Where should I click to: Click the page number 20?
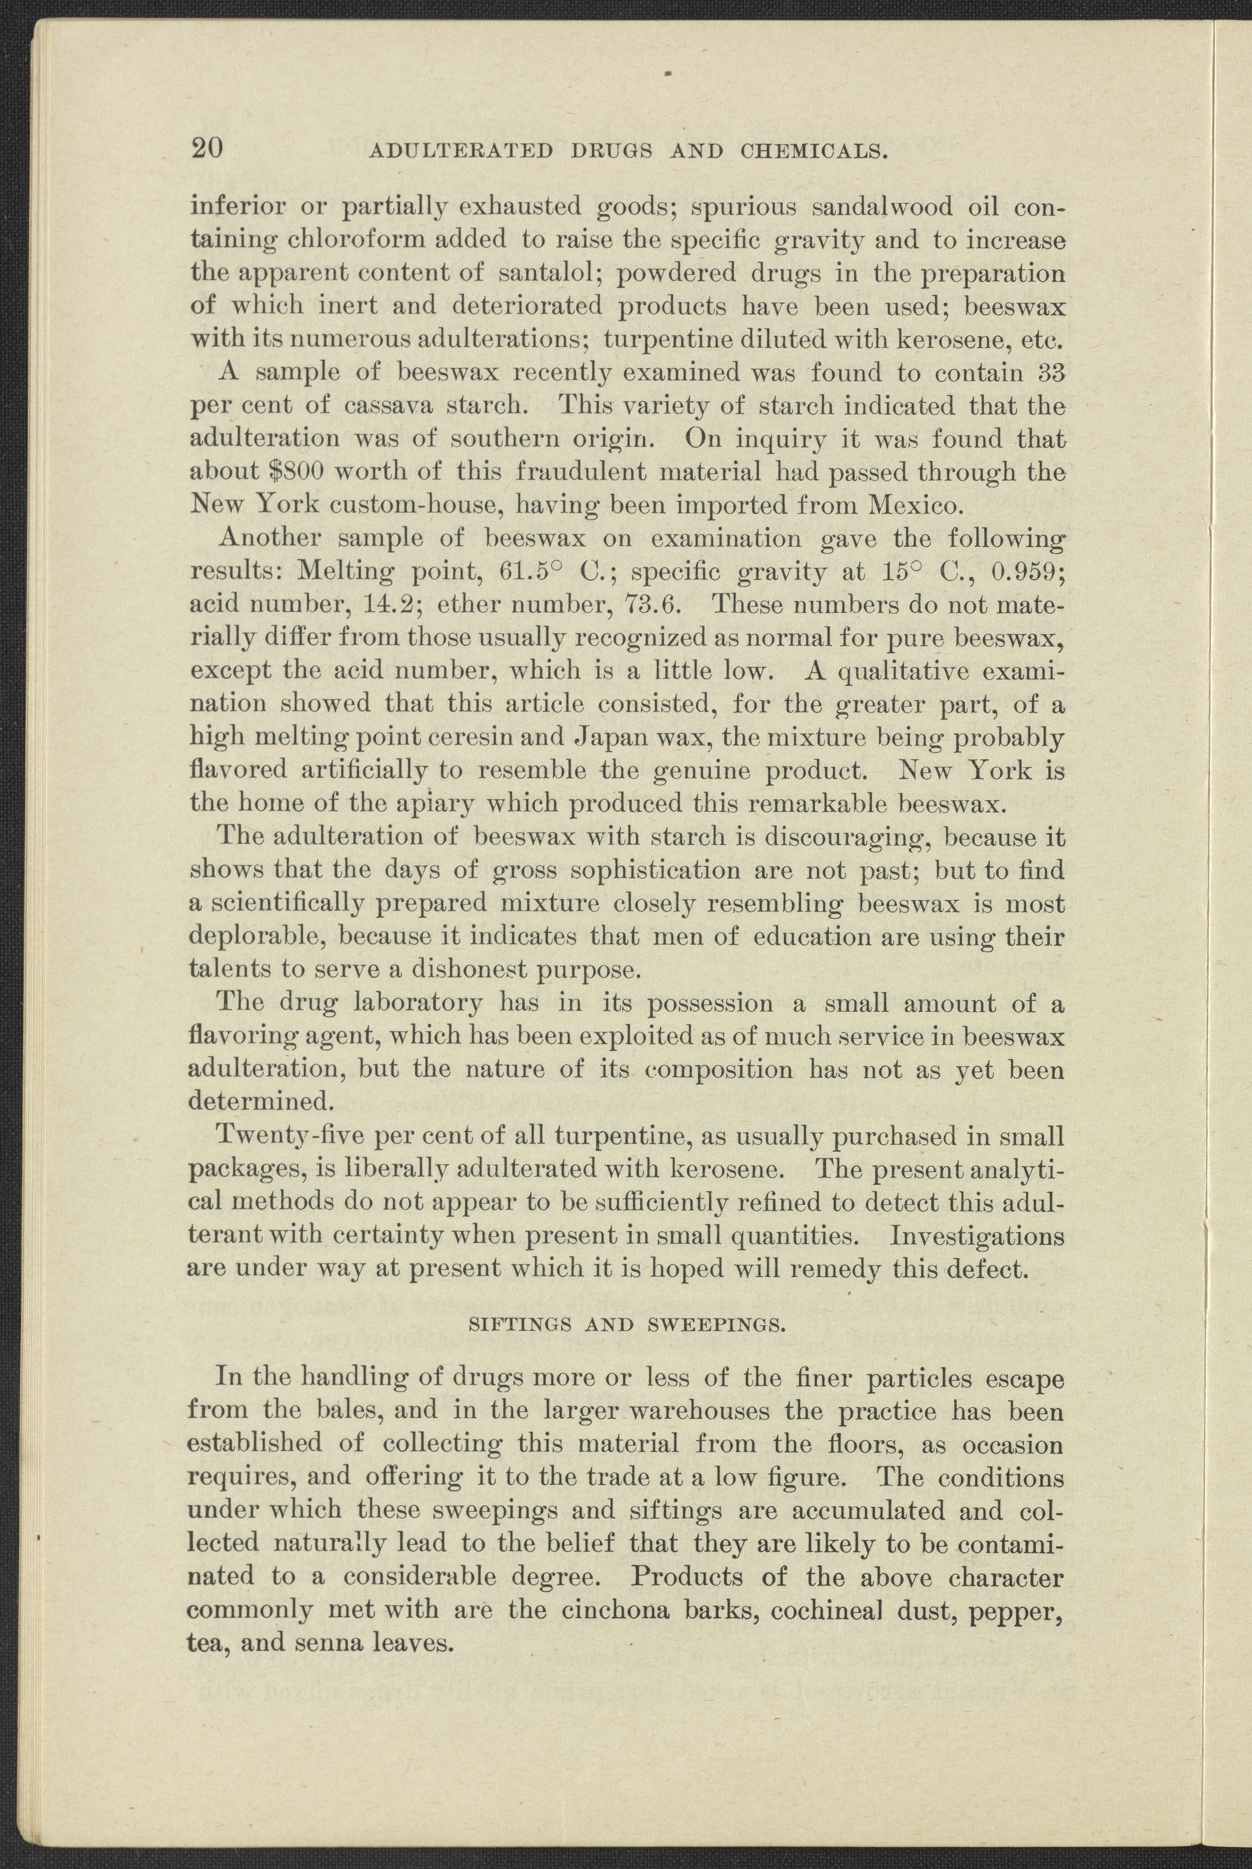tap(207, 149)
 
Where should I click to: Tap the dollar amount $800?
tap(300, 472)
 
